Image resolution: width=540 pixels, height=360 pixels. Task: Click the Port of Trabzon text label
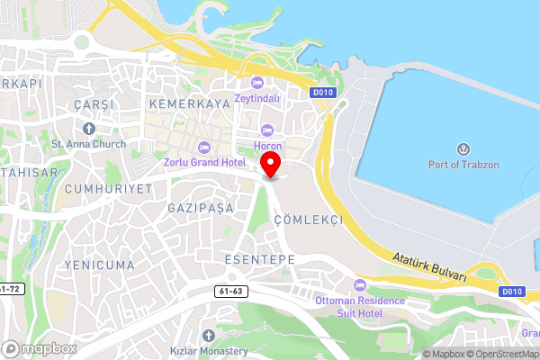(x=464, y=164)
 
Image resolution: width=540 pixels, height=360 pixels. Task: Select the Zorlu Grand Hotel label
(x=204, y=163)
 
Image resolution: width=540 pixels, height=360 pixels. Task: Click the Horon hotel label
(x=267, y=146)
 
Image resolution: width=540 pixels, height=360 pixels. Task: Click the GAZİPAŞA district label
(x=200, y=208)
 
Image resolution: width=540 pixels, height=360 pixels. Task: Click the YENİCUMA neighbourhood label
(x=99, y=265)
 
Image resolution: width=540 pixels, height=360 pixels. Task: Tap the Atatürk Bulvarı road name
(x=430, y=267)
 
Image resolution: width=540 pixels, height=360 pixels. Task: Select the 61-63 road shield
(x=231, y=292)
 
